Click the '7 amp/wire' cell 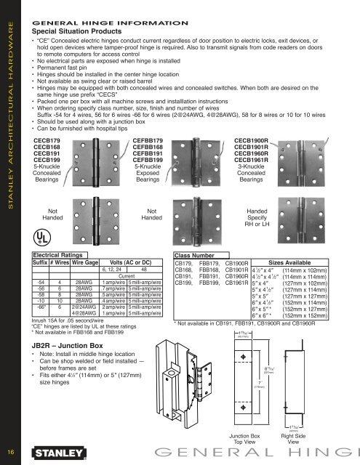113,289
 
